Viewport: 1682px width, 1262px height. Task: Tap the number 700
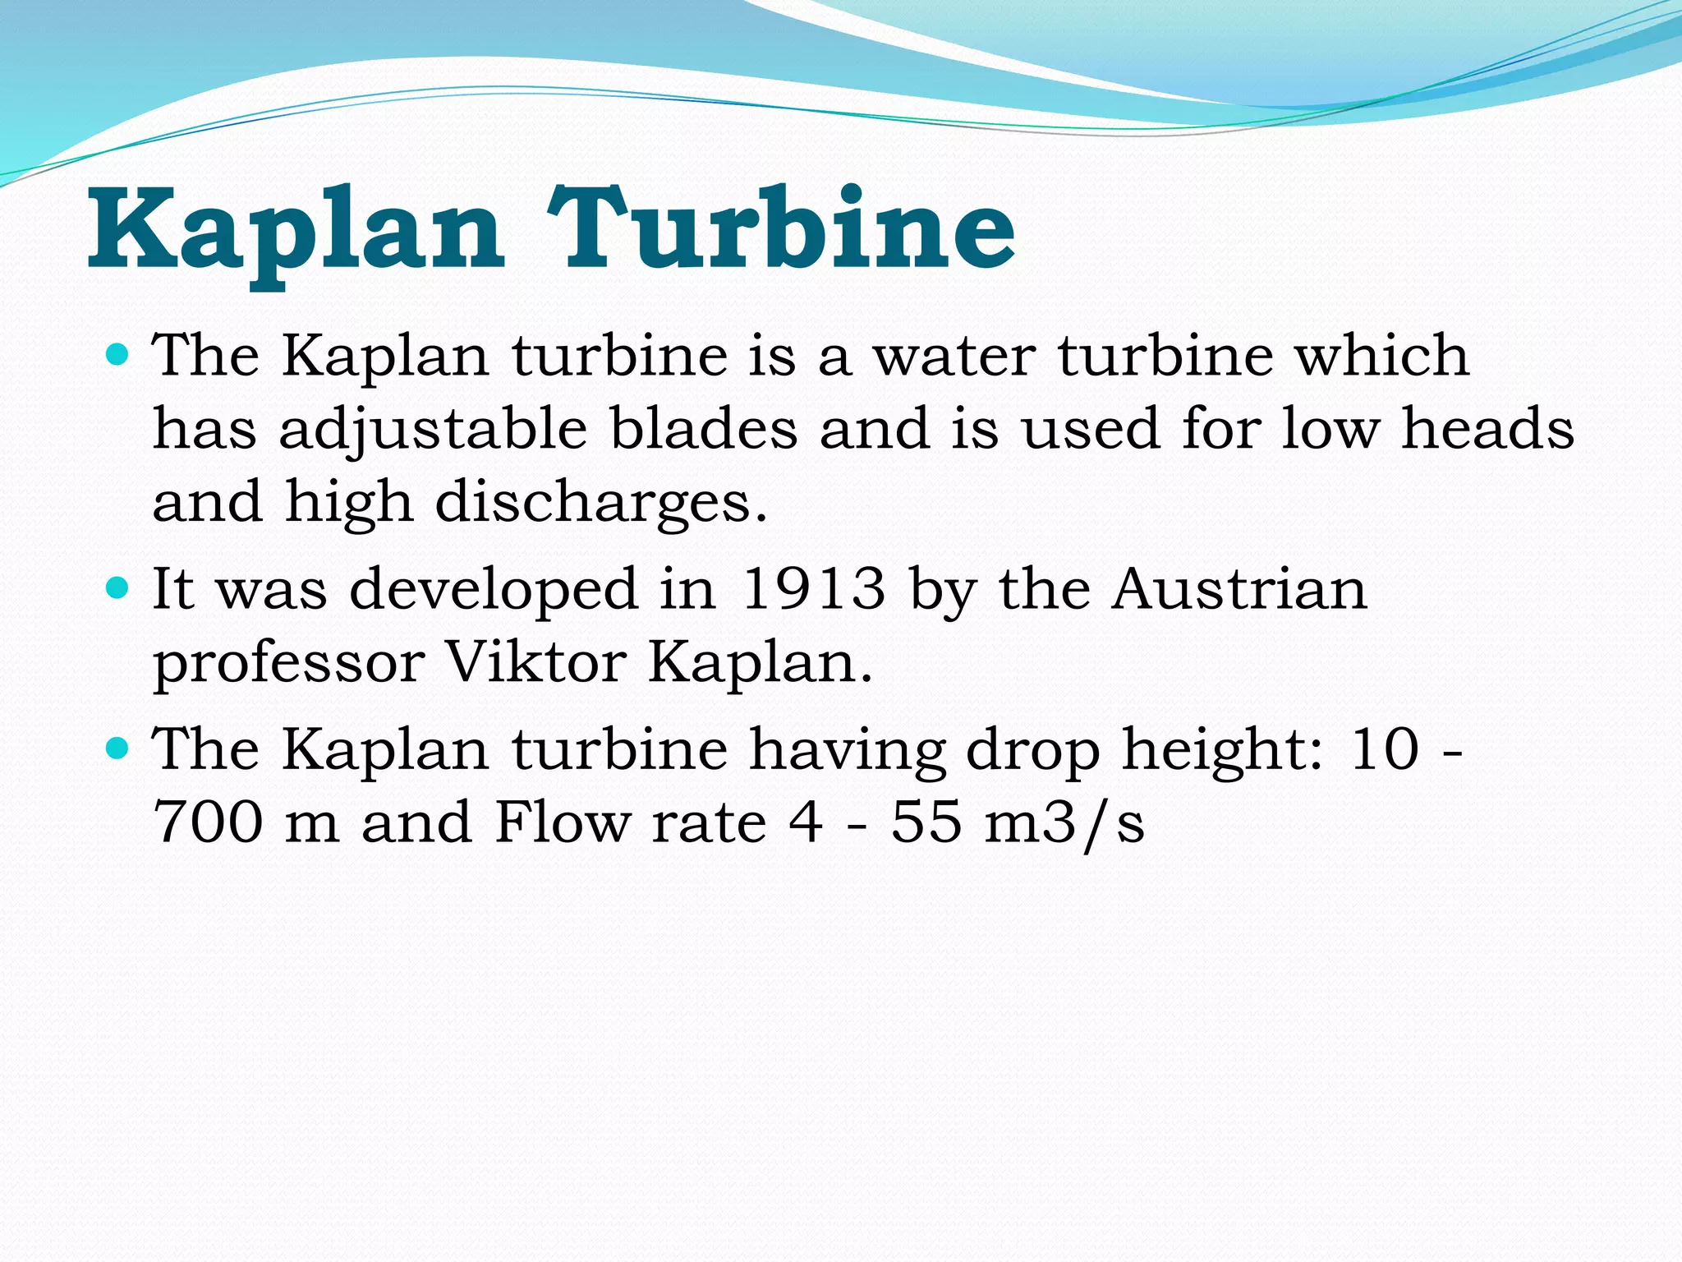(209, 821)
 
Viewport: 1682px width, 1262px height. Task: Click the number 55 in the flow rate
(926, 821)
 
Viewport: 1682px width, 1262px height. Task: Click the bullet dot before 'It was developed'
(118, 588)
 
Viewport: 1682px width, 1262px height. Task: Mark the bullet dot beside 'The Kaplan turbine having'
(118, 747)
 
